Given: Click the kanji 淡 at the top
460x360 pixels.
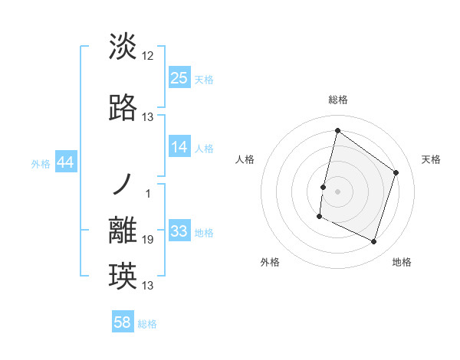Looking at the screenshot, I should pyautogui.click(x=123, y=47).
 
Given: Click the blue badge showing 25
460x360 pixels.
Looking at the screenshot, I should pyautogui.click(x=179, y=77).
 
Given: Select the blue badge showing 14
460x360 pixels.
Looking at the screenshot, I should pyautogui.click(x=179, y=147).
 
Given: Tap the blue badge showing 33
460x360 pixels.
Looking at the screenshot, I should pyautogui.click(x=179, y=231).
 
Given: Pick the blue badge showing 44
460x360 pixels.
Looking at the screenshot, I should pyautogui.click(x=66, y=162).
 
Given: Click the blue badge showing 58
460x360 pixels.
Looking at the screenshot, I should pyautogui.click(x=123, y=322).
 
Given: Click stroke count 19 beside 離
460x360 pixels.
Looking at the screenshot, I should pyautogui.click(x=148, y=240).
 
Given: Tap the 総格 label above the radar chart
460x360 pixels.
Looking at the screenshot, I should pyautogui.click(x=338, y=100).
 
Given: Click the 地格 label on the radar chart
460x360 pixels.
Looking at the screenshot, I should pyautogui.click(x=402, y=262).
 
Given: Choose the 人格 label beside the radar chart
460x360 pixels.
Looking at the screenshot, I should pyautogui.click(x=245, y=159).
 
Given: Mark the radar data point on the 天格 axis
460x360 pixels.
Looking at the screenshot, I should pyautogui.click(x=396, y=172).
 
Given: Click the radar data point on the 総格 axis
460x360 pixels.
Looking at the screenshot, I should pyautogui.click(x=337, y=130).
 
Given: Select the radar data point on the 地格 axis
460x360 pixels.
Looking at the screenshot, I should pyautogui.click(x=373, y=242).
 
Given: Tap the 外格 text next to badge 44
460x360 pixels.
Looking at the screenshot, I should pyautogui.click(x=41, y=163).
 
